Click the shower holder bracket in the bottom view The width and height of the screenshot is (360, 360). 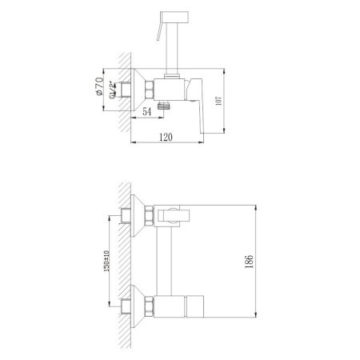click(x=173, y=216)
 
